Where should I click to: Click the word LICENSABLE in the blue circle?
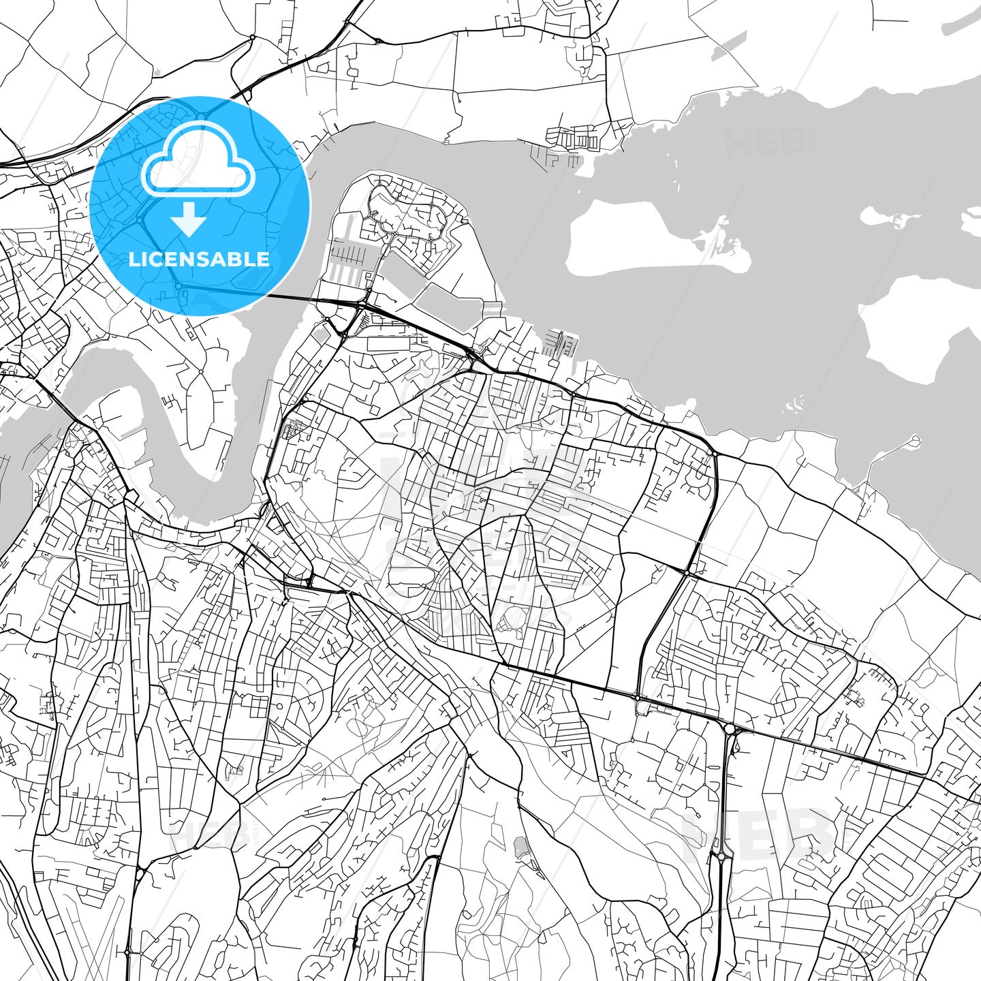point(199,260)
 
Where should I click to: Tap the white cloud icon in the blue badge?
point(198,167)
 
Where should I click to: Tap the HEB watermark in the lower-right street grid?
point(756,835)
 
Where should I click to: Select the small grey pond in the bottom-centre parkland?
point(521,848)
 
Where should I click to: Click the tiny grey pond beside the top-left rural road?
point(157,72)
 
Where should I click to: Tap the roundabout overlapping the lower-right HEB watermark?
point(721,857)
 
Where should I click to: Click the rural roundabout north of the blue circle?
point(252,37)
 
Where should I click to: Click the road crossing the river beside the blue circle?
point(286,297)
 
